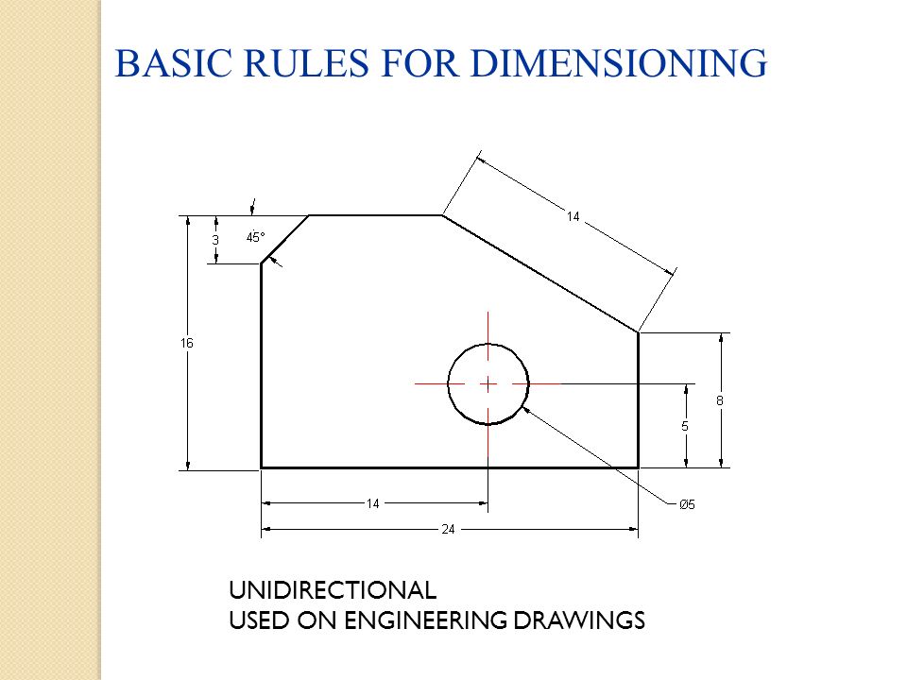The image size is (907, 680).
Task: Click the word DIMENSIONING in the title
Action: (x=619, y=62)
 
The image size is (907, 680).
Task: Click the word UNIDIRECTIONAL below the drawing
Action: (x=333, y=591)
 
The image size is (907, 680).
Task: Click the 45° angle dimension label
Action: (x=256, y=238)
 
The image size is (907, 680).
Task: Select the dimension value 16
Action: (x=187, y=344)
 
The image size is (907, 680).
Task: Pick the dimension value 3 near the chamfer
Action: (x=215, y=240)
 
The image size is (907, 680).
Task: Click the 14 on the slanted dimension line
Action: (x=573, y=217)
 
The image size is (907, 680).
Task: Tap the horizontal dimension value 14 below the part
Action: (x=373, y=503)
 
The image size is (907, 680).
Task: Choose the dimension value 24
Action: (x=449, y=529)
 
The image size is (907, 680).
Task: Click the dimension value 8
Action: (x=720, y=400)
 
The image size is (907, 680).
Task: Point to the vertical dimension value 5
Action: (x=685, y=426)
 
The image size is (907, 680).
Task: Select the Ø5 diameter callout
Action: (x=687, y=504)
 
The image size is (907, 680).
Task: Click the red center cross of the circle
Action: (x=488, y=383)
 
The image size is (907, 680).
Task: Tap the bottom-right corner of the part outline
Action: (x=638, y=467)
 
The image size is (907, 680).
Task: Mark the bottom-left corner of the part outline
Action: (x=262, y=467)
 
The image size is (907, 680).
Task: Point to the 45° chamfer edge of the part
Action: (x=285, y=239)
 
